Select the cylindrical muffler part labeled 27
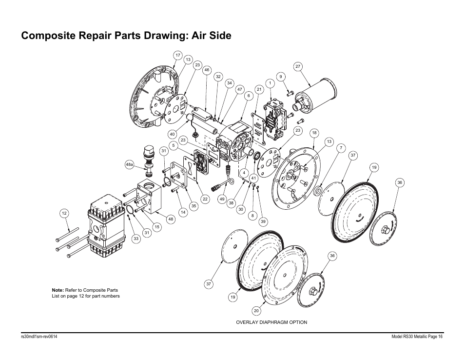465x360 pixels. tap(316, 98)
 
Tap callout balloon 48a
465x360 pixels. tap(129, 165)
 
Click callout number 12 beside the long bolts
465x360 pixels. tap(64, 213)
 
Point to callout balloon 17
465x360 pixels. tap(178, 55)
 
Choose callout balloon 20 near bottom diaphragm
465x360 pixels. tap(256, 310)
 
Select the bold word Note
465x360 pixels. tap(58, 290)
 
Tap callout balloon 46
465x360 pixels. tap(207, 70)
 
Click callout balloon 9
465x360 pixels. tap(280, 77)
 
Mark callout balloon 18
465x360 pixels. tap(314, 133)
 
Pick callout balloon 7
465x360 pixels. tap(341, 148)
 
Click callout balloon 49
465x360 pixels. tap(222, 199)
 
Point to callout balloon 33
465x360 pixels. tap(136, 239)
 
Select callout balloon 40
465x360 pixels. tap(172, 134)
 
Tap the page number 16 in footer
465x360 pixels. tap(440, 337)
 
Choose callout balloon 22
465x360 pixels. tap(205, 199)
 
